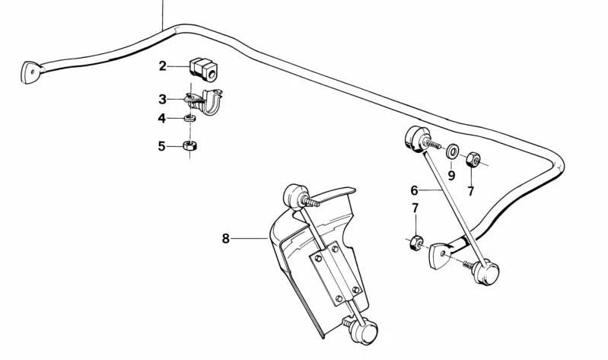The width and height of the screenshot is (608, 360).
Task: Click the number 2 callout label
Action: pyautogui.click(x=162, y=66)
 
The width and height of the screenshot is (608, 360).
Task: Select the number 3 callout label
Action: pyautogui.click(x=162, y=99)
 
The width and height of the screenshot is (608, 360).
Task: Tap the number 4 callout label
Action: pyautogui.click(x=162, y=119)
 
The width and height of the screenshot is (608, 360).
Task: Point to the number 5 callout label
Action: pyautogui.click(x=162, y=145)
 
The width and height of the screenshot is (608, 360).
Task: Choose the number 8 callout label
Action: pyautogui.click(x=225, y=239)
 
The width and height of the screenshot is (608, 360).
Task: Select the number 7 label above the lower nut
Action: pyautogui.click(x=415, y=208)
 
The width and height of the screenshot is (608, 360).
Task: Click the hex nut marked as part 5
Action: pyautogui.click(x=191, y=145)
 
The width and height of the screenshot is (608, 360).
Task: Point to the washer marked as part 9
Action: pyautogui.click(x=452, y=149)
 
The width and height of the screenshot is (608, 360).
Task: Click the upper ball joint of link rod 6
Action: pyautogui.click(x=415, y=139)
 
